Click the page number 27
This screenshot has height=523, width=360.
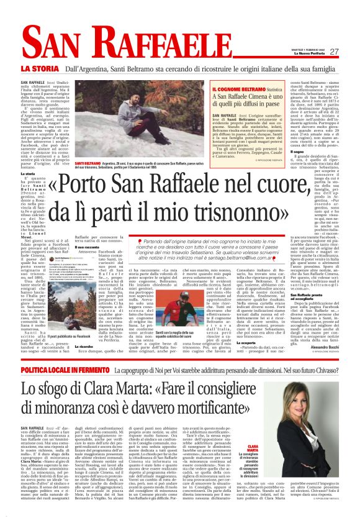(x=334, y=52)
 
